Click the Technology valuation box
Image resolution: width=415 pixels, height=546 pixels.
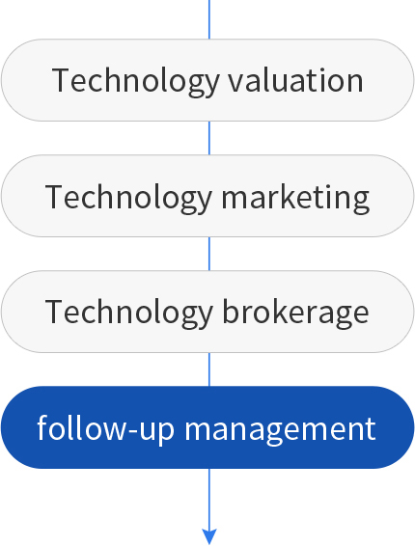click(x=207, y=80)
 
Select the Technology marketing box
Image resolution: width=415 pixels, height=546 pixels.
click(x=207, y=196)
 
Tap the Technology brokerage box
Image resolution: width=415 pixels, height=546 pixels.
click(x=207, y=312)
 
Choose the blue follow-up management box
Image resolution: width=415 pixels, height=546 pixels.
click(x=207, y=427)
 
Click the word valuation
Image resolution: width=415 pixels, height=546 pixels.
click(x=296, y=80)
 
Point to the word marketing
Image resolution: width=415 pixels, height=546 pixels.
click(x=295, y=197)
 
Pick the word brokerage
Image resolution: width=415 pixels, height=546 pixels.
click(x=295, y=313)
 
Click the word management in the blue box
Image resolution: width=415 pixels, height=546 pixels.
click(x=280, y=429)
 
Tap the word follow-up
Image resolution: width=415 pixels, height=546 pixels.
click(x=106, y=427)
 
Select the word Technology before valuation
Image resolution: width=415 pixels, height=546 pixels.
click(x=135, y=82)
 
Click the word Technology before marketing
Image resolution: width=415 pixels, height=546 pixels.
click(x=129, y=198)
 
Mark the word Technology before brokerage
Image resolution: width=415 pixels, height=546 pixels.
click(x=129, y=314)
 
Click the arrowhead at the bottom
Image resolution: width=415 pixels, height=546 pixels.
click(x=209, y=536)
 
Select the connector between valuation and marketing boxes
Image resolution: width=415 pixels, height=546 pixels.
click(x=209, y=138)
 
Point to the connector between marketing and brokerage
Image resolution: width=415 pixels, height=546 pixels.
click(x=209, y=254)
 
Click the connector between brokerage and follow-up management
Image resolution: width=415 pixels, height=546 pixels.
click(x=209, y=369)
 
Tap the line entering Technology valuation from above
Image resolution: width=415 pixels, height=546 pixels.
click(x=209, y=19)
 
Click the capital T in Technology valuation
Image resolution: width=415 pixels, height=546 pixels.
click(x=62, y=80)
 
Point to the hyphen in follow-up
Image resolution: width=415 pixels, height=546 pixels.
click(x=134, y=431)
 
